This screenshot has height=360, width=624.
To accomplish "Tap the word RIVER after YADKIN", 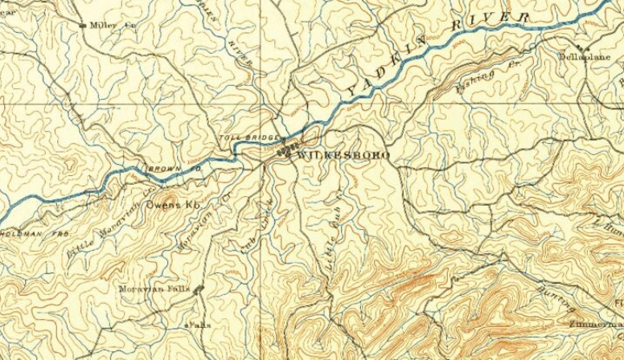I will [489, 26].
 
